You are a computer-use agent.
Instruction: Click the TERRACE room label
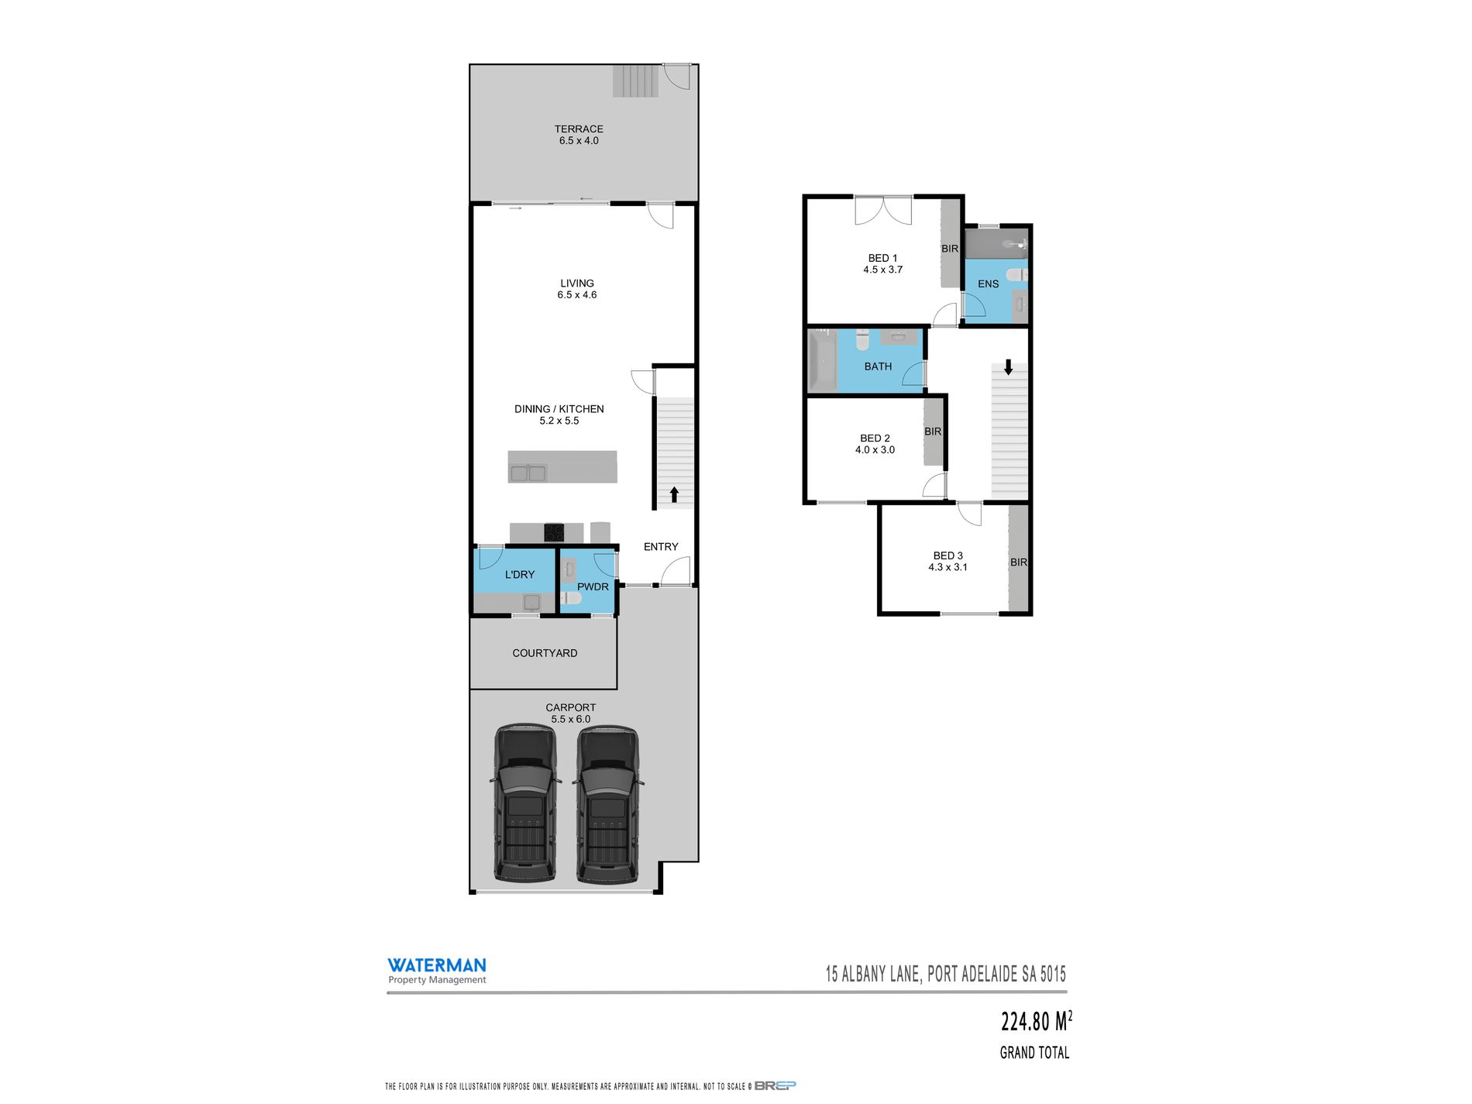[x=578, y=129]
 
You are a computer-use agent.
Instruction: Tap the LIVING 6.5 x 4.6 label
[x=577, y=289]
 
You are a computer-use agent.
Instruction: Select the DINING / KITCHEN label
[x=559, y=409]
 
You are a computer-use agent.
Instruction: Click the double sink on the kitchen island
[x=528, y=473]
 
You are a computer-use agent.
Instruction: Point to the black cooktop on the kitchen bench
[x=553, y=533]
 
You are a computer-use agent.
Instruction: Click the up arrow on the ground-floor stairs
[x=674, y=494]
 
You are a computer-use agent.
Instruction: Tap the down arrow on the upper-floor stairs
[x=1008, y=366]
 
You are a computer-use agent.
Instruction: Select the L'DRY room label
[x=519, y=575]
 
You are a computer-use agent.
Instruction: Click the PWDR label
[x=593, y=587]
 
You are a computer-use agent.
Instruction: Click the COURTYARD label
[x=545, y=653]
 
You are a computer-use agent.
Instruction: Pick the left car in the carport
[x=525, y=803]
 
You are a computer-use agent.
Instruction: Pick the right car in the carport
[x=608, y=803]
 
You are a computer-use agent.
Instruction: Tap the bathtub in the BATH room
[x=821, y=362]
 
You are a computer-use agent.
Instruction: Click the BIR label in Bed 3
[x=1018, y=562]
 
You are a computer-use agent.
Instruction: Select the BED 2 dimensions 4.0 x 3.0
[x=875, y=450]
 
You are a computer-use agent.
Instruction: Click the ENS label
[x=988, y=284]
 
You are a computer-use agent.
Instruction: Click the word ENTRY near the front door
[x=661, y=547]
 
